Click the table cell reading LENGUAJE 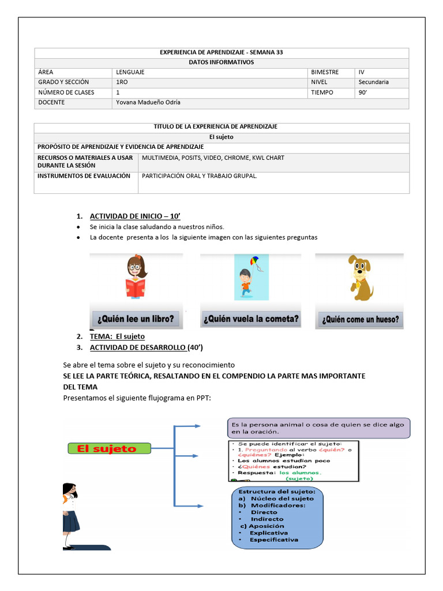coord(130,72)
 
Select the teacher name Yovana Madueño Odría coord(148,103)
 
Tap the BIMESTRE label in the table coord(325,72)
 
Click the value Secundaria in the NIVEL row coord(373,82)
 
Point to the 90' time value coord(363,92)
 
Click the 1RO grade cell coord(122,82)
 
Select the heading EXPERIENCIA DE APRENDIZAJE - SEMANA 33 coord(221,52)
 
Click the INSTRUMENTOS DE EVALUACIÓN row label coord(84,176)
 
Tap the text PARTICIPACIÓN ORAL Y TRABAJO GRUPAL coord(199,176)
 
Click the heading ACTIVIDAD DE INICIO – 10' coord(135,216)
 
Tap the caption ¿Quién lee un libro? coord(136,319)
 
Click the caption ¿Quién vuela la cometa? coord(251,319)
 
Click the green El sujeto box coord(109,448)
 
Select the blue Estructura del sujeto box coord(277,518)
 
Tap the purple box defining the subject coord(318,428)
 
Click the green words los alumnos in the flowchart coord(296,472)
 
